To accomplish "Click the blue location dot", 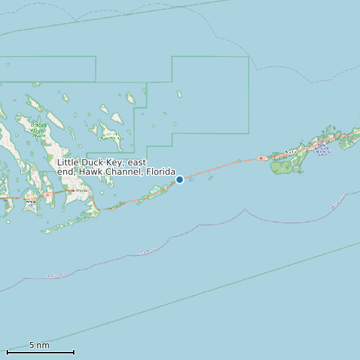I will click(179, 179).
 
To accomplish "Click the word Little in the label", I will click(68, 162).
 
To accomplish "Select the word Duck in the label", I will click(93, 162).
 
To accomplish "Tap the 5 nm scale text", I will click(39, 345).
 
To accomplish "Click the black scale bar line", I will click(40, 352).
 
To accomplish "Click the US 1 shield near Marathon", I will click(262, 157).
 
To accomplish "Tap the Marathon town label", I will click(290, 152).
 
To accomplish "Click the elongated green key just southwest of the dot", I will click(159, 191).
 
